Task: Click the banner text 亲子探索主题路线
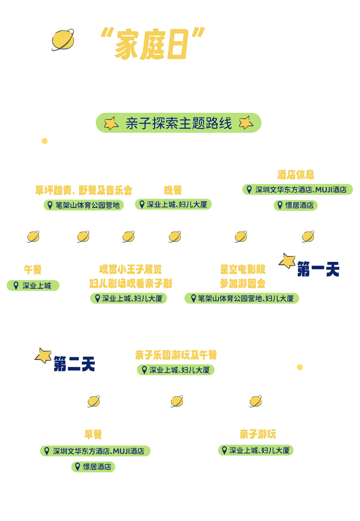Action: pos(178,124)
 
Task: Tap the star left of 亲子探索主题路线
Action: pos(110,123)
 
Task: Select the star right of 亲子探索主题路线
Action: pos(246,123)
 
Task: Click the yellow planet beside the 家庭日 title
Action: pos(63,40)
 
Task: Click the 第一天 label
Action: pos(318,271)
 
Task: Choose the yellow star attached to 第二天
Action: pos(44,354)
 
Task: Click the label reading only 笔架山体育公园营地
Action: pos(83,206)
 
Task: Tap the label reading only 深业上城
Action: pos(34,285)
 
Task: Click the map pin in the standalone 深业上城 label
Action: pos(16,285)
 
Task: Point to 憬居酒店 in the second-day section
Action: pos(93,467)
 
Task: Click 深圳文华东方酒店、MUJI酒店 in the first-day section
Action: pos(298,190)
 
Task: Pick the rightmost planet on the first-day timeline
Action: pos(308,237)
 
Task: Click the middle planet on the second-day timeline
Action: pos(176,401)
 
